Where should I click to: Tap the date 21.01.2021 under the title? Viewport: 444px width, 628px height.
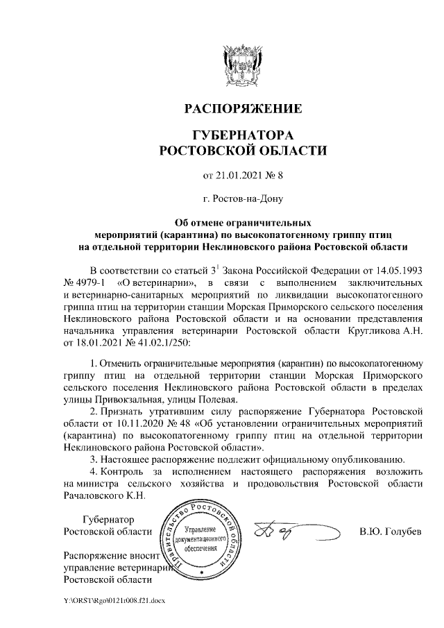pyautogui.click(x=234, y=173)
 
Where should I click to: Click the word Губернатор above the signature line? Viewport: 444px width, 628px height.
pyautogui.click(x=108, y=520)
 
